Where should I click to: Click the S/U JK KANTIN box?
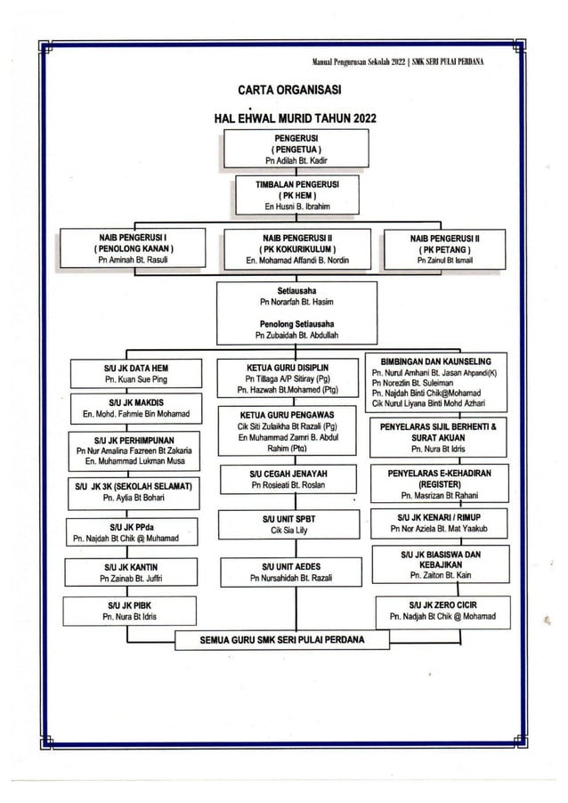pos(132,572)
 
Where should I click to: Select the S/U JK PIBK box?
pos(132,610)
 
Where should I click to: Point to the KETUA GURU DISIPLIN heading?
pos(287,366)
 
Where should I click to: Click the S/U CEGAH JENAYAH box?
pos(288,479)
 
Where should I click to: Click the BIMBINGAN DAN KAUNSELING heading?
pos(435,361)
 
